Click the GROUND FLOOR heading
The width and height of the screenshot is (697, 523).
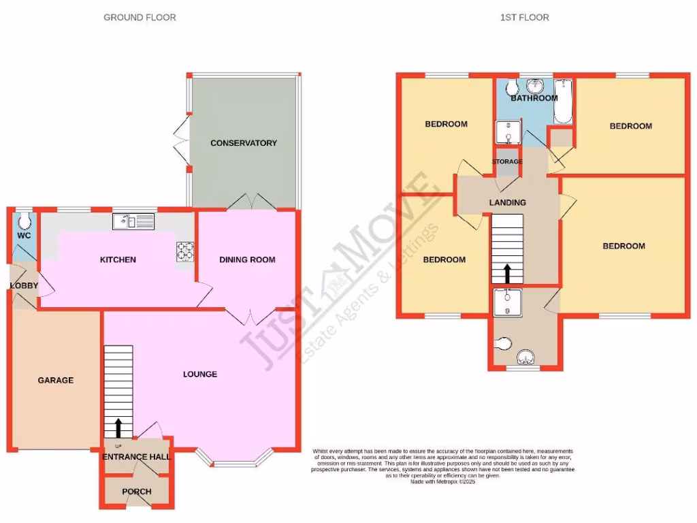(x=140, y=17)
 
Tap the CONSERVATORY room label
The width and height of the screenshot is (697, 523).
(x=244, y=143)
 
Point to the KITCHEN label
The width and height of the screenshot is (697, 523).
(x=118, y=259)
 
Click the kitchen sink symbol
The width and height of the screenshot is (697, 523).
(x=134, y=220)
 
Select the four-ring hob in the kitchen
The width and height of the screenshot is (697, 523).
(x=185, y=251)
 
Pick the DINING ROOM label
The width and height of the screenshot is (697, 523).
(x=247, y=259)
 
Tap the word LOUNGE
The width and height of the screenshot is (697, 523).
(x=200, y=374)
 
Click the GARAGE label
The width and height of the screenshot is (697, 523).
(x=55, y=380)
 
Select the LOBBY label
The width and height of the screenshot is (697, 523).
(x=23, y=285)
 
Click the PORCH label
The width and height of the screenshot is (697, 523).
(x=136, y=492)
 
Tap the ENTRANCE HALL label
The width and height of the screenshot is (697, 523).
(x=136, y=457)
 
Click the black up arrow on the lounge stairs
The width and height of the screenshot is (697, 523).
(x=118, y=427)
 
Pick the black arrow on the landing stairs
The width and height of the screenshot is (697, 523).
(x=506, y=273)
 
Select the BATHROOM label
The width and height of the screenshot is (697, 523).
(x=534, y=98)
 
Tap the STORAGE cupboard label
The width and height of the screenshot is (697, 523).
(x=507, y=161)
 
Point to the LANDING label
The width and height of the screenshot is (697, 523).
(x=508, y=202)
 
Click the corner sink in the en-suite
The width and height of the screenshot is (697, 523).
(x=526, y=357)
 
